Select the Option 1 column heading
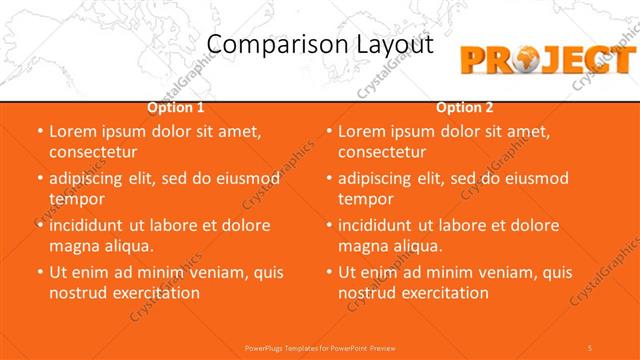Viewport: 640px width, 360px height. click(176, 107)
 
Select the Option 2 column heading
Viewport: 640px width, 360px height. click(465, 107)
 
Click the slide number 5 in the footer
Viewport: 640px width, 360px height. click(590, 347)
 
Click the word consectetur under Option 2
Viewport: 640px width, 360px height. click(382, 152)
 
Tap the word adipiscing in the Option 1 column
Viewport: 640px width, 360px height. click(92, 178)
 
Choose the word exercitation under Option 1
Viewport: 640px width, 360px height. click(154, 293)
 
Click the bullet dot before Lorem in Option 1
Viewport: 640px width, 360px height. click(40, 131)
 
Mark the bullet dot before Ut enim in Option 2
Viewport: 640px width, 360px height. click(329, 272)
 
